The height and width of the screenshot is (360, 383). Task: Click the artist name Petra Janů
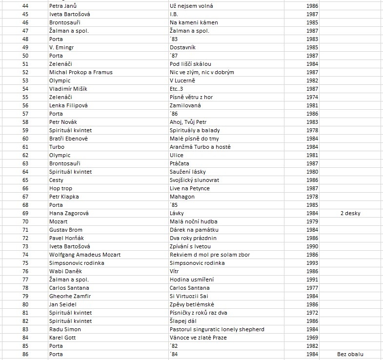63,6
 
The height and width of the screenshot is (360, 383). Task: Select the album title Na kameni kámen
194,22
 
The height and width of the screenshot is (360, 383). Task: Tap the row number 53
25,80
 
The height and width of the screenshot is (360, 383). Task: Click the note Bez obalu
350,354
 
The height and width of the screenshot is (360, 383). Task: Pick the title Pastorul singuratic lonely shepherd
217,329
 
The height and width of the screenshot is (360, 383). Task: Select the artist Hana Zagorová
69,213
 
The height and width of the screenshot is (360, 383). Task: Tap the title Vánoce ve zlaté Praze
198,338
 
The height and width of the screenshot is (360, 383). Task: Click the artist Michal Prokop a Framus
81,72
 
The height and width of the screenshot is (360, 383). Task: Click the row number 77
25,280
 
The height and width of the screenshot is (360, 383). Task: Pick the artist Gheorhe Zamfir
70,296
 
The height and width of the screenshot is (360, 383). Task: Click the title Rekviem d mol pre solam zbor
209,255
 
